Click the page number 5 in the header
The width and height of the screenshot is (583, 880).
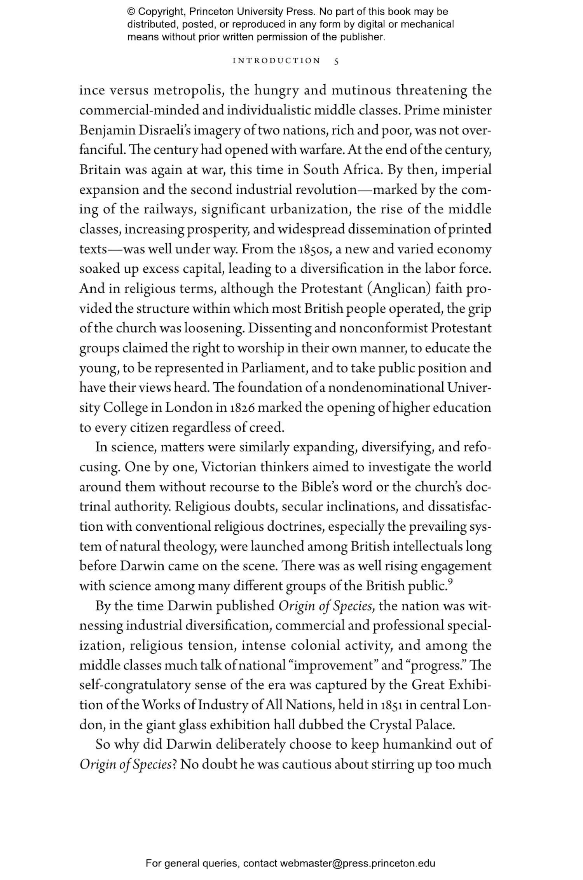coord(337,61)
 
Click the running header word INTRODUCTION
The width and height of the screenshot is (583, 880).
coord(276,61)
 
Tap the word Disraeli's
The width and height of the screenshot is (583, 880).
coord(164,130)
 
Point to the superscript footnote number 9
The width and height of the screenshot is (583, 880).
coord(450,582)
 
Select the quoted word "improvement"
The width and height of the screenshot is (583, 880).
coord(334,666)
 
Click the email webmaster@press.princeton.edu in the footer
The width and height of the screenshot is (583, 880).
coord(357,864)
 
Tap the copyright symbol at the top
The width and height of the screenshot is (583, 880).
coord(131,12)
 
